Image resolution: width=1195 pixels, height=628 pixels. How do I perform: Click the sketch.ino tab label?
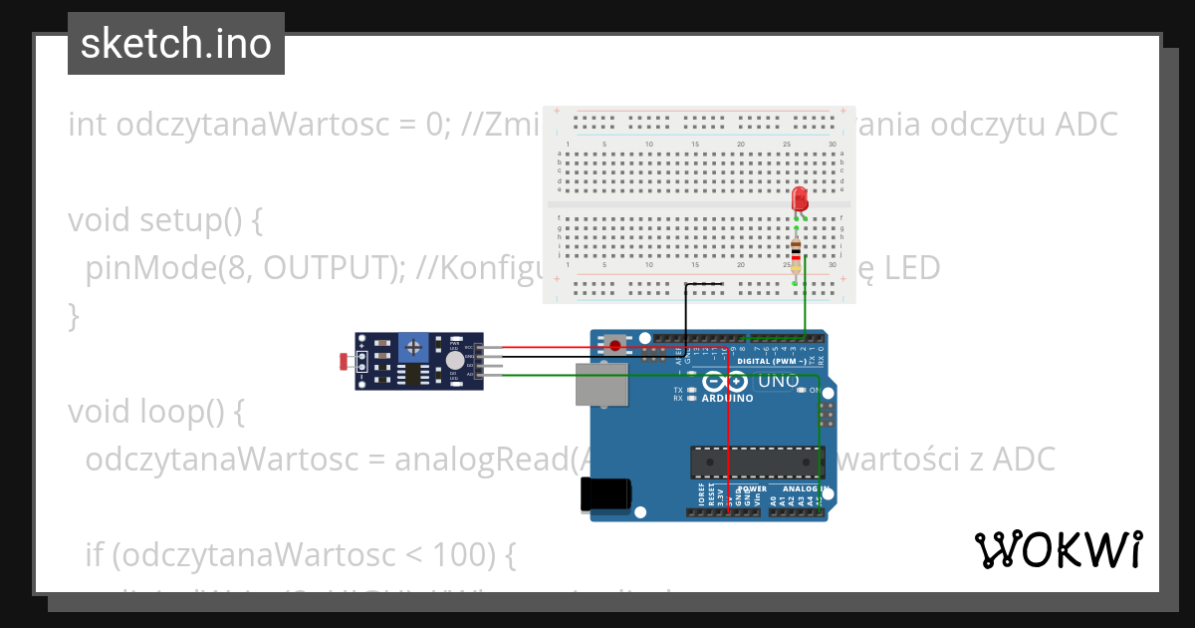click(176, 44)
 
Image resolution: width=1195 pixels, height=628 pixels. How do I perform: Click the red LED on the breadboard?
click(799, 199)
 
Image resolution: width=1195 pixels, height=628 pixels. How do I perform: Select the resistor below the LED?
click(795, 250)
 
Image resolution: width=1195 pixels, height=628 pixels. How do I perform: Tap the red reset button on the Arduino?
click(617, 346)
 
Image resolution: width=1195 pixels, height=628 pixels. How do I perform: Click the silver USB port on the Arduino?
click(601, 385)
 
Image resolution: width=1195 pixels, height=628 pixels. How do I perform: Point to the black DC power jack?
click(605, 493)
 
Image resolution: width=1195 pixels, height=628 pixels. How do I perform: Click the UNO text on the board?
click(778, 381)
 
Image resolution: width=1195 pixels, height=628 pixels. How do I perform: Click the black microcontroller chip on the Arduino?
click(758, 462)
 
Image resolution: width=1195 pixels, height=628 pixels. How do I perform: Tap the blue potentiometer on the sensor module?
click(413, 348)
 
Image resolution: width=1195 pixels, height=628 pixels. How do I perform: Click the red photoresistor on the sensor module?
click(344, 360)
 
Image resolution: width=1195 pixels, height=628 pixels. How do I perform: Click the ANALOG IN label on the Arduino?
click(805, 489)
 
